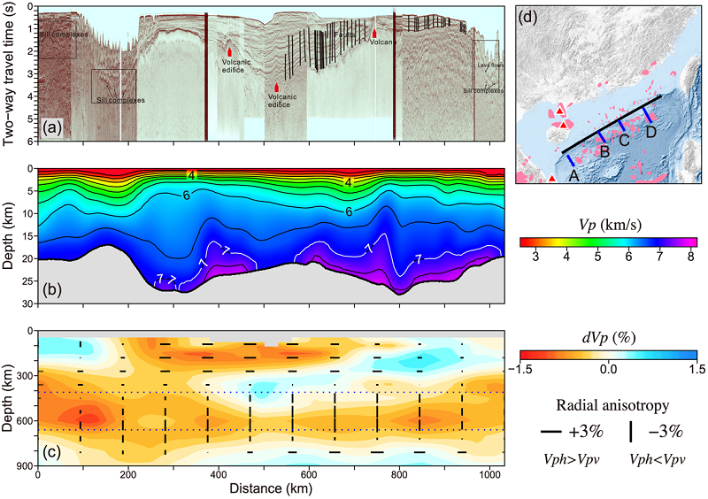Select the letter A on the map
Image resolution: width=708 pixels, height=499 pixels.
pos(573,176)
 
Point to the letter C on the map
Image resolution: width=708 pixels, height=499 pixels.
pos(623,140)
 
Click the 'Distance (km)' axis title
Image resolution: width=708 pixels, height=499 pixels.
pos(271,488)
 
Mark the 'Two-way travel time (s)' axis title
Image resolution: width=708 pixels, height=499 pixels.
pos(10,72)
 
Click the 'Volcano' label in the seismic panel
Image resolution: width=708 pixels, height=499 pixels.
pos(381,41)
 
